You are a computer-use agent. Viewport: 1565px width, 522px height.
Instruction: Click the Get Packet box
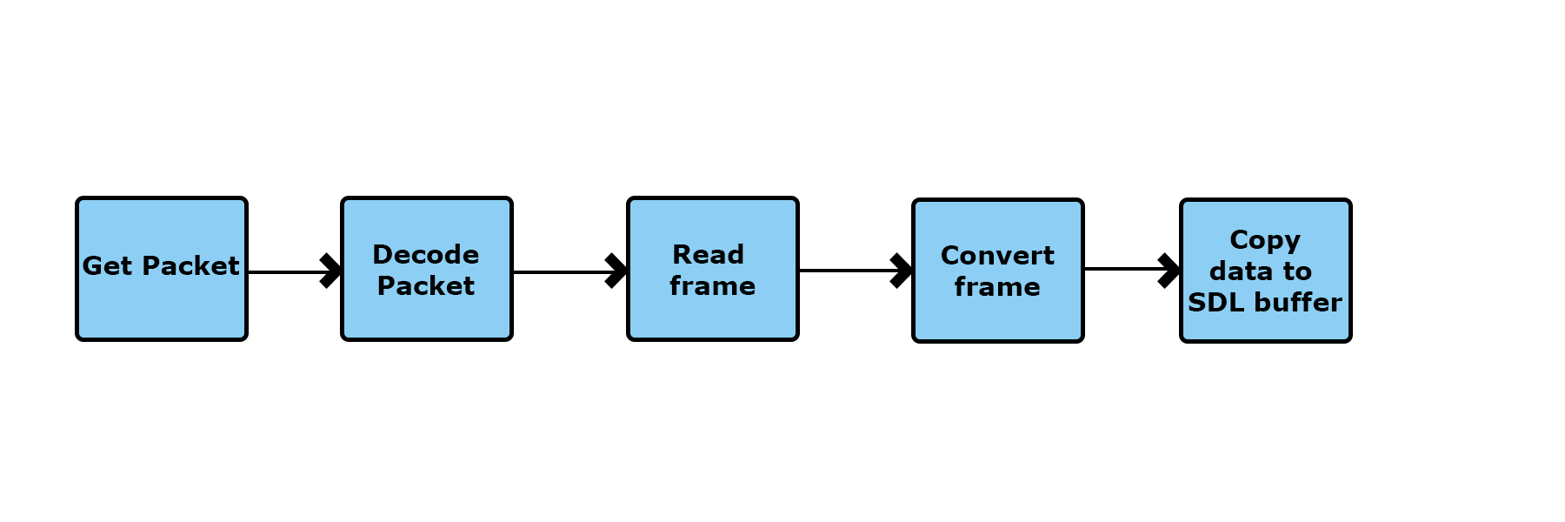(162, 269)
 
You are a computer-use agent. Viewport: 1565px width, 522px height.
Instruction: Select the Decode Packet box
(427, 269)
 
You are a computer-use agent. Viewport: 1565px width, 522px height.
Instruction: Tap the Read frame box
(713, 269)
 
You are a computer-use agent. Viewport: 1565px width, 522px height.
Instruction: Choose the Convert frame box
(998, 271)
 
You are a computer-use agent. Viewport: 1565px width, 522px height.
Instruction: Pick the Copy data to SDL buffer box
(1266, 271)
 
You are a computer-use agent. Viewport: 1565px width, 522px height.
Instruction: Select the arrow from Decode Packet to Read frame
(570, 271)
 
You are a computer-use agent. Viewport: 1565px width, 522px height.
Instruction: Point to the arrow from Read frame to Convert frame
(856, 271)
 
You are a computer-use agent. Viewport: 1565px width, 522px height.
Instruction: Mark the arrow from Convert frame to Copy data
(1132, 270)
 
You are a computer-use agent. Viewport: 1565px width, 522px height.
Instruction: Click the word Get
(107, 265)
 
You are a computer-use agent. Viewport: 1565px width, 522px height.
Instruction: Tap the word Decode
(426, 254)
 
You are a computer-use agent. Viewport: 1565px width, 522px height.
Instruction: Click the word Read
(709, 254)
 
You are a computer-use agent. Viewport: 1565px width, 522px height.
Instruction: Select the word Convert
(997, 255)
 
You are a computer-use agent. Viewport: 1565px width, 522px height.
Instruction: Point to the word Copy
(1265, 240)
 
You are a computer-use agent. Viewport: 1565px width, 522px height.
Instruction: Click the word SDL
(1215, 302)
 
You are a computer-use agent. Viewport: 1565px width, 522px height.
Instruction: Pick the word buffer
(1295, 302)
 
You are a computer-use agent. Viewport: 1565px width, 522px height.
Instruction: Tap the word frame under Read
(713, 285)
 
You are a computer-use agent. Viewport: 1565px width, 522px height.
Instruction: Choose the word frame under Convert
(997, 286)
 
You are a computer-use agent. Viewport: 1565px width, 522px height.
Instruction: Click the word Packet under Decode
(426, 285)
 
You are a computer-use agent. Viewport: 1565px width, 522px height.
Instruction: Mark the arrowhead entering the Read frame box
(616, 271)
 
